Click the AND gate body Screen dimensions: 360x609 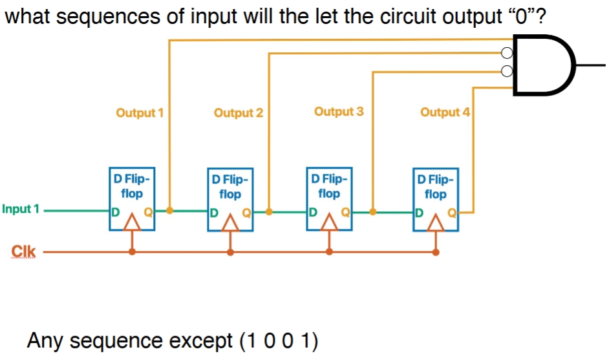tap(543, 65)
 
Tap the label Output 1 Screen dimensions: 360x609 tap(139, 113)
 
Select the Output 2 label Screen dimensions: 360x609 tap(238, 113)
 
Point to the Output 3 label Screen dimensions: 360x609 tap(339, 112)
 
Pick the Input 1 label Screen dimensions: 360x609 tap(21, 209)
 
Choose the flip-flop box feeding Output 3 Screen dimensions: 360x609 tap(330, 198)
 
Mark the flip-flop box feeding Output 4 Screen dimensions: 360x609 tap(436, 199)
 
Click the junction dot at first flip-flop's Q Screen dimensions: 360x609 tap(169, 211)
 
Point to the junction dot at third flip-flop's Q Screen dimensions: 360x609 tap(373, 211)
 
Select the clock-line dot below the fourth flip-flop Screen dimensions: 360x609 tap(436, 251)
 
